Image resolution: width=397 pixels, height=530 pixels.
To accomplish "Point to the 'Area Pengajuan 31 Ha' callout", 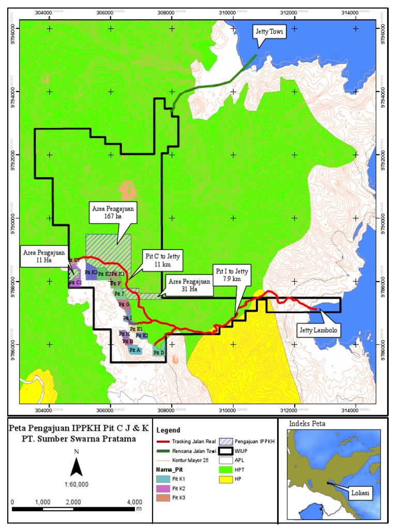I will coord(190,285).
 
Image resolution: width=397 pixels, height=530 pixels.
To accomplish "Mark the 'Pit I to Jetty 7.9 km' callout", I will coord(232,275).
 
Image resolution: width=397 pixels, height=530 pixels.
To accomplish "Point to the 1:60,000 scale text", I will coord(76,484).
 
